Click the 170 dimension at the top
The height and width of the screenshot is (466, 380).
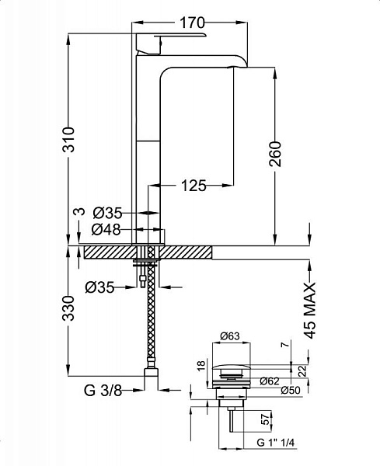tap(193, 23)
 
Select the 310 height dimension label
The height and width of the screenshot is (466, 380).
tap(68, 139)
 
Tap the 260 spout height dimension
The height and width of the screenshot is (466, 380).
tap(275, 154)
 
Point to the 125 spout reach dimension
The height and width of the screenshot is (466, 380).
tap(193, 186)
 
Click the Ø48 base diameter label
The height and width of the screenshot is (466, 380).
tap(106, 230)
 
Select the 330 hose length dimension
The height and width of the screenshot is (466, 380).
tap(68, 308)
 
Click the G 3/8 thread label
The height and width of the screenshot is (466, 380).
tap(103, 391)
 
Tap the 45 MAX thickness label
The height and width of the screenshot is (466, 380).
tap(310, 311)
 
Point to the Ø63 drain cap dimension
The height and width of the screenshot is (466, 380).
tap(230, 336)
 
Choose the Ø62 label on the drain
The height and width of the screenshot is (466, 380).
tap(270, 381)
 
